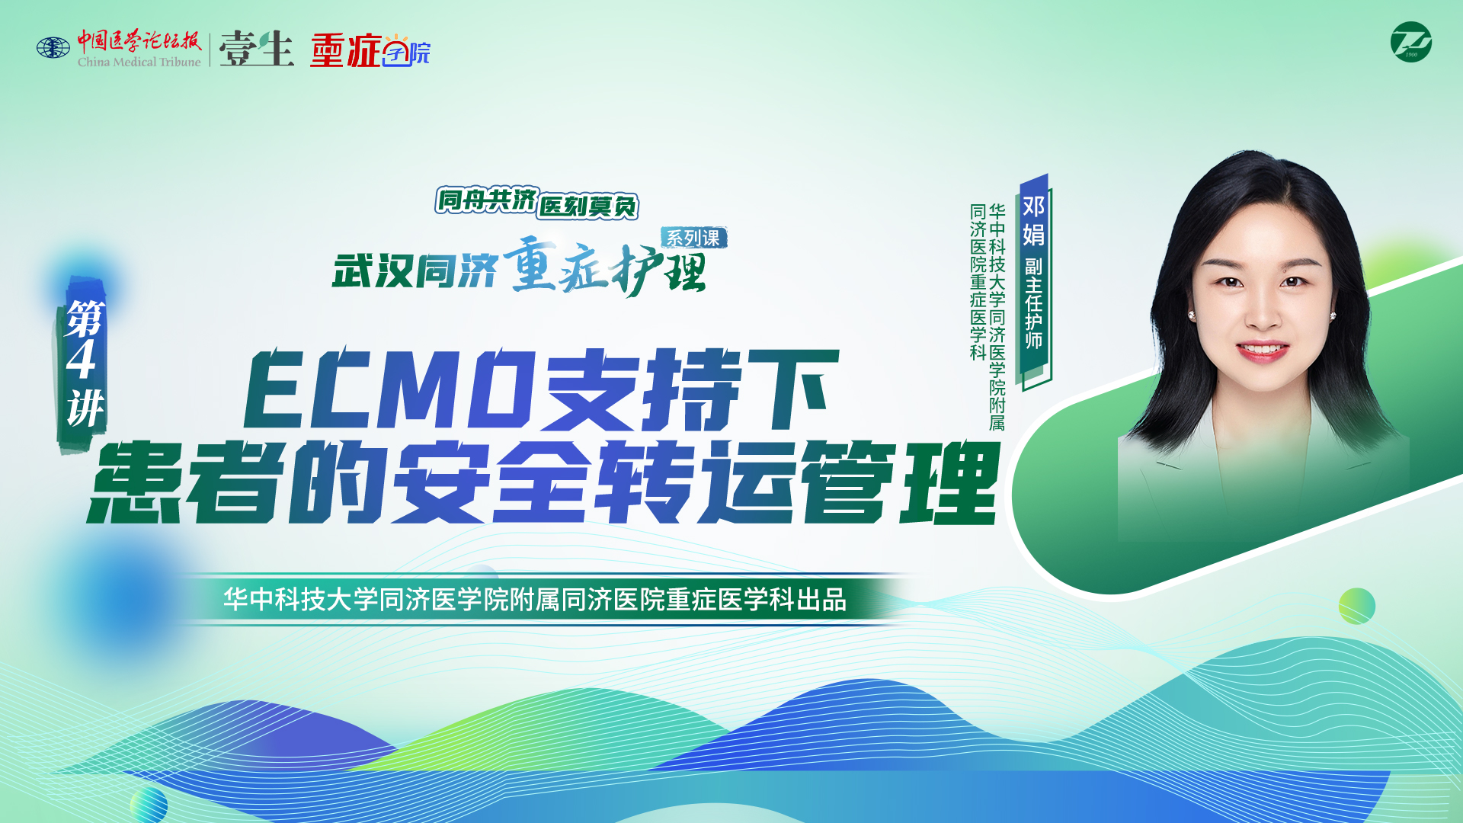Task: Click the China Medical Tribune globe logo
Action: click(53, 48)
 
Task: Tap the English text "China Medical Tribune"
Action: click(139, 62)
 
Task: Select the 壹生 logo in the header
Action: click(257, 48)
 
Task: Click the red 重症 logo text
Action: click(345, 50)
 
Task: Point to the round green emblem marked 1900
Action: click(1410, 42)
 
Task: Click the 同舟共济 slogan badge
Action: click(488, 200)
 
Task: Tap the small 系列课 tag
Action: click(693, 238)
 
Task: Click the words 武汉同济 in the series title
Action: click(415, 271)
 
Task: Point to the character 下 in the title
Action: click(792, 389)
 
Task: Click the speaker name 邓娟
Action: click(1033, 220)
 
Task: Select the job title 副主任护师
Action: click(1033, 303)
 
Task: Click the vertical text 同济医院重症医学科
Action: click(978, 281)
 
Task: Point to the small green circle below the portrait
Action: click(1357, 607)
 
